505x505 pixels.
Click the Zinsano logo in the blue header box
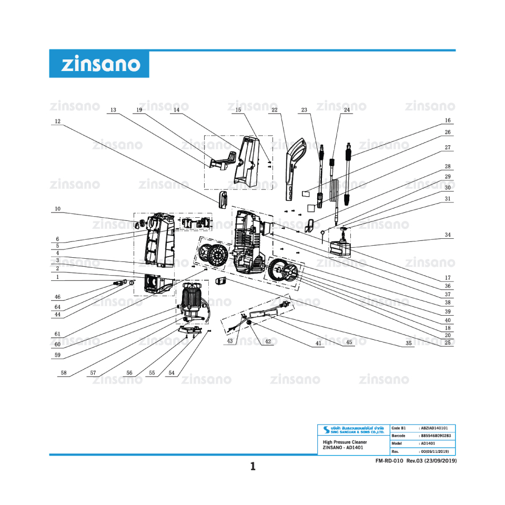[x=100, y=64]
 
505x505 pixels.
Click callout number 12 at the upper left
[x=57, y=121]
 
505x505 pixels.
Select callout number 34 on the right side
[x=448, y=235]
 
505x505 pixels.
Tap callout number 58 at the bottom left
[x=64, y=372]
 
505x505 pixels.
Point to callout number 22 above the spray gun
[x=275, y=110]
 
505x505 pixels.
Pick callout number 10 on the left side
[x=57, y=209]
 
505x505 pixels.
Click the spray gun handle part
[x=292, y=168]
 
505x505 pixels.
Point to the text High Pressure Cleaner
[x=345, y=442]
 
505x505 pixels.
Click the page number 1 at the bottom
[x=252, y=466]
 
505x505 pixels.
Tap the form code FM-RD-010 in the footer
[x=389, y=461]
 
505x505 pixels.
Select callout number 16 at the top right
[x=448, y=120]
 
